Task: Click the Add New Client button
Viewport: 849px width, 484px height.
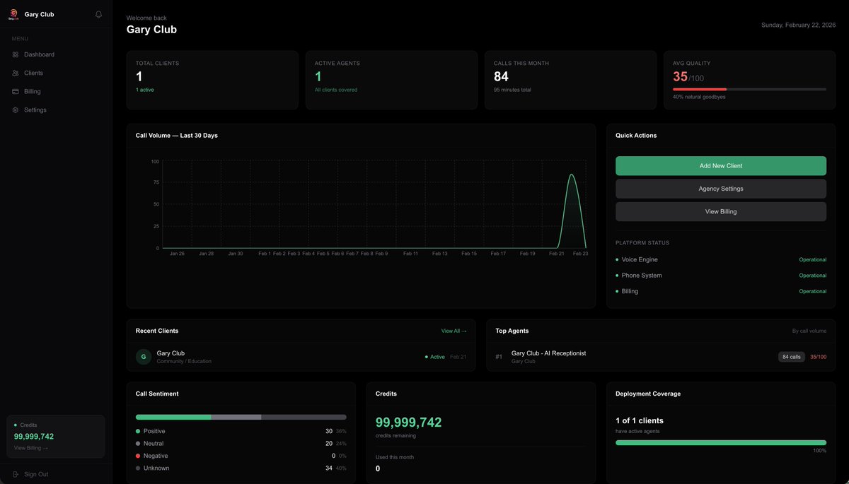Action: (x=720, y=166)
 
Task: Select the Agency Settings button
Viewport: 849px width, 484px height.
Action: (x=720, y=189)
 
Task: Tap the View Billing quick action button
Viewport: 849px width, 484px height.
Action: (x=720, y=211)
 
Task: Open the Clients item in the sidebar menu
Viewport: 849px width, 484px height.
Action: (x=33, y=73)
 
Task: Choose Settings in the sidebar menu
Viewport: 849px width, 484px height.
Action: (x=35, y=110)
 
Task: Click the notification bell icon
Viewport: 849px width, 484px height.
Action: (x=98, y=14)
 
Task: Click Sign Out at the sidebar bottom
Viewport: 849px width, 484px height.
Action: (x=35, y=474)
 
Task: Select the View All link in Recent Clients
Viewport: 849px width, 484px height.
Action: (x=454, y=331)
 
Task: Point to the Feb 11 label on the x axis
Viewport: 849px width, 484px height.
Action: (x=410, y=254)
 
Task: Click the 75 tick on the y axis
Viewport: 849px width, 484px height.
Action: (x=156, y=182)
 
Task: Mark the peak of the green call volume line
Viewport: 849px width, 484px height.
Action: (x=572, y=175)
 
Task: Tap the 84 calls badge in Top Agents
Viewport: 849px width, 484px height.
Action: (x=791, y=357)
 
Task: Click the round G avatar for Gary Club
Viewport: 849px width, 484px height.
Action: (x=144, y=357)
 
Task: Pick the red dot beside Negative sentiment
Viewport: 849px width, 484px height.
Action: (x=138, y=456)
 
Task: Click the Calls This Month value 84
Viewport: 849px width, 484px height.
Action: (x=501, y=76)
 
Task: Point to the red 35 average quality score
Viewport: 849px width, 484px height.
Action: (x=680, y=77)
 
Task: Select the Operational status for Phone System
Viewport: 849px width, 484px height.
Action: (x=812, y=276)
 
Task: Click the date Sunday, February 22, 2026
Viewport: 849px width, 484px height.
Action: (x=798, y=25)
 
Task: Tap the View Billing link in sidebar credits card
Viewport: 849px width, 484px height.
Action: (x=31, y=448)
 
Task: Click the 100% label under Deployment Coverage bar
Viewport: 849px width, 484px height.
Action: (x=819, y=451)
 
